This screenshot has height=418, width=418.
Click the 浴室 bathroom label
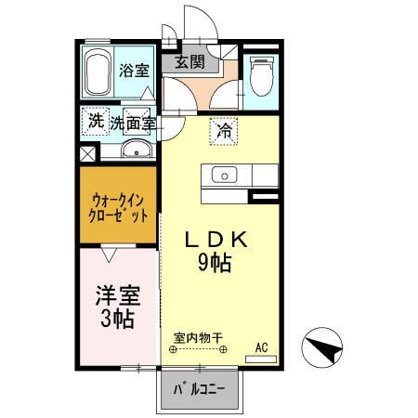pos(134,70)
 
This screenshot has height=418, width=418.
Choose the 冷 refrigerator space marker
pos(223,131)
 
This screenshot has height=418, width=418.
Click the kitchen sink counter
pos(237,175)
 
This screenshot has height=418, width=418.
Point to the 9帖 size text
pos(214,264)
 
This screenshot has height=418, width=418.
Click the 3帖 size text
pos(118,320)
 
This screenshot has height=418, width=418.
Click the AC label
pos(262,348)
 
